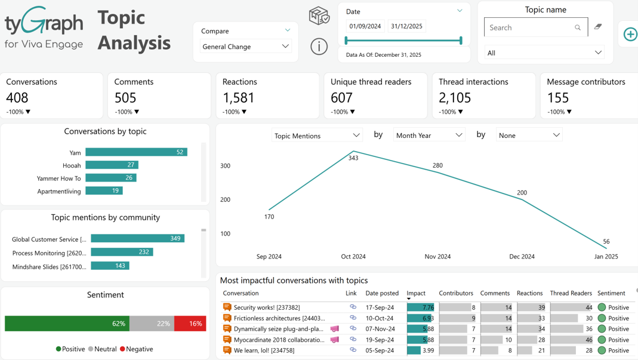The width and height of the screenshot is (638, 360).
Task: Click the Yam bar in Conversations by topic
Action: [136, 152]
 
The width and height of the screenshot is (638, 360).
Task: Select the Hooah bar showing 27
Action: [112, 165]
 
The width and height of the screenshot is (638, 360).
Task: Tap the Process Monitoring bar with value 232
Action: [122, 252]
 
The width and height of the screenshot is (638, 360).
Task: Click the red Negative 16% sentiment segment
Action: [190, 324]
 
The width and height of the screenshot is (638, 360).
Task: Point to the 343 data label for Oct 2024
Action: [353, 158]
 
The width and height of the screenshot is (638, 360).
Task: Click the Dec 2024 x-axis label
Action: [522, 257]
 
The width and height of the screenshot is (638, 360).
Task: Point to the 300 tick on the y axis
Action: [226, 166]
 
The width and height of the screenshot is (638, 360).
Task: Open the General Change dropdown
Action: [246, 47]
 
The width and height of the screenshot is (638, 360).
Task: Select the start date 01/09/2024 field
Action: [365, 26]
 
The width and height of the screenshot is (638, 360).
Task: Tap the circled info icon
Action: [319, 47]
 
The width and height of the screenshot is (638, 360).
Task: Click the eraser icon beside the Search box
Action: [598, 27]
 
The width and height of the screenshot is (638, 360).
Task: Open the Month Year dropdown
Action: [429, 135]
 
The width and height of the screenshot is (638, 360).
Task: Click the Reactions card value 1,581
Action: [238, 98]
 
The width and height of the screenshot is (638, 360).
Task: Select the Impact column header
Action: [416, 293]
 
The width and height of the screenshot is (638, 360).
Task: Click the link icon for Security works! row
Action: [353, 307]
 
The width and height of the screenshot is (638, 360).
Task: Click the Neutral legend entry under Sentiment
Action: [102, 349]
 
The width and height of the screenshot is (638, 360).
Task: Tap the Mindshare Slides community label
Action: [49, 267]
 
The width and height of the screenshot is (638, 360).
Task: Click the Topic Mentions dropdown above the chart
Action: [316, 136]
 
